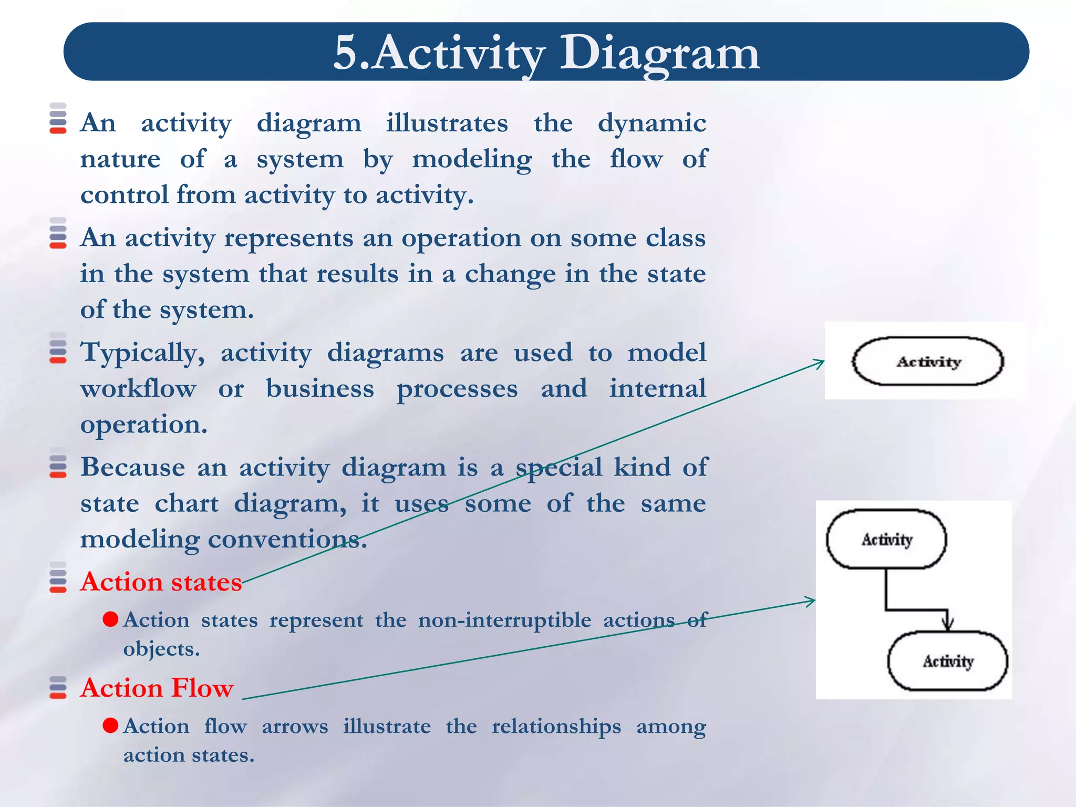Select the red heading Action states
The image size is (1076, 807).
pyautogui.click(x=161, y=582)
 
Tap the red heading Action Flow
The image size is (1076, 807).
pyautogui.click(x=157, y=688)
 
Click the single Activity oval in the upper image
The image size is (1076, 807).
pyautogui.click(x=927, y=361)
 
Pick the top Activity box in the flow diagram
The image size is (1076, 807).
pyautogui.click(x=886, y=539)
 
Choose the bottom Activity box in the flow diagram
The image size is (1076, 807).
pyautogui.click(x=947, y=661)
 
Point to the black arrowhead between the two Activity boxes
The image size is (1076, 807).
pyautogui.click(x=947, y=625)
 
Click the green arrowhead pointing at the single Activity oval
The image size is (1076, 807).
pyautogui.click(x=820, y=362)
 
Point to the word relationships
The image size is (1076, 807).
pyautogui.click(x=556, y=727)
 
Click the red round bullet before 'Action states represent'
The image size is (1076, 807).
pyautogui.click(x=110, y=619)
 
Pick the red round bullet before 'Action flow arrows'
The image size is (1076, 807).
pyautogui.click(x=110, y=726)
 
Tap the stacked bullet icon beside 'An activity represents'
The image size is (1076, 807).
pyautogui.click(x=58, y=233)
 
